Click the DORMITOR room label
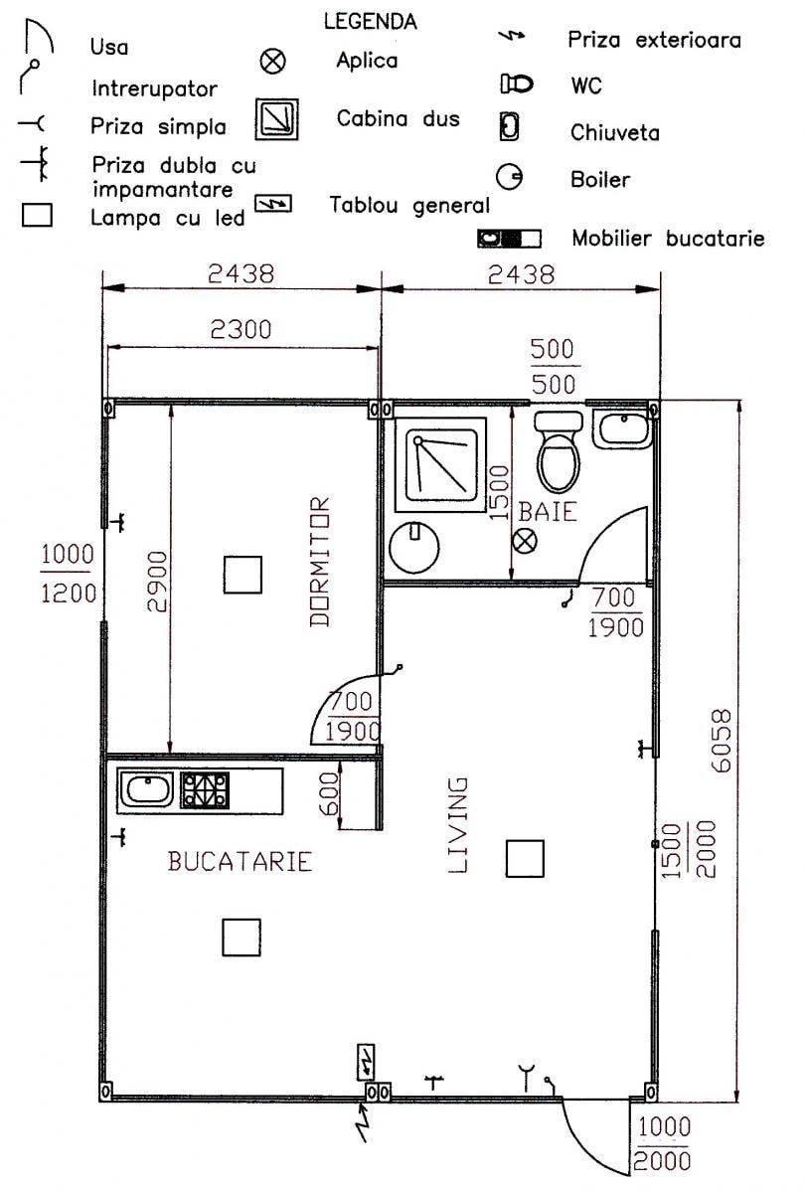(320, 562)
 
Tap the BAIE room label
(548, 512)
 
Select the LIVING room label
(458, 825)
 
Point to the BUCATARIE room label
(240, 861)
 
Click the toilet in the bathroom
(558, 451)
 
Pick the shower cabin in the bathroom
(440, 464)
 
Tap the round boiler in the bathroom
(414, 547)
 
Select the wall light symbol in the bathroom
(525, 542)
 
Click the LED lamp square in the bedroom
(242, 575)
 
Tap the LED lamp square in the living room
(525, 859)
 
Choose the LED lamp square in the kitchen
(242, 937)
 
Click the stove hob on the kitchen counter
(205, 790)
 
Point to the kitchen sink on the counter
(146, 790)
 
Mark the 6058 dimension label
(722, 741)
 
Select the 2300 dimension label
(241, 329)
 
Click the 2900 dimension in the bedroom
(158, 582)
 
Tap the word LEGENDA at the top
(371, 21)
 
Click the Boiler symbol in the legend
(510, 177)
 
